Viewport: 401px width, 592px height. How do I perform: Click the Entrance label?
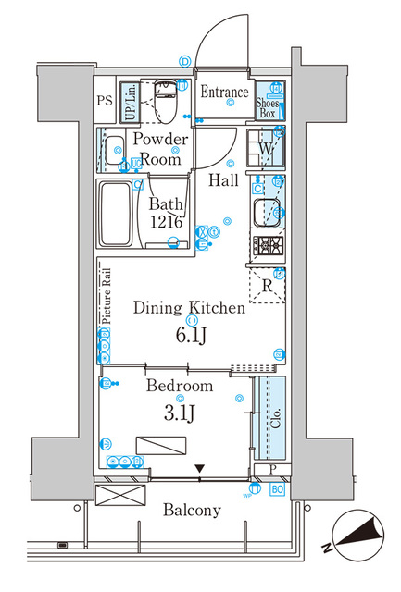(225, 92)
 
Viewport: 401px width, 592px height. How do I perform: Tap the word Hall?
(222, 179)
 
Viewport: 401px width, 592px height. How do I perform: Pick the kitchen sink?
(267, 211)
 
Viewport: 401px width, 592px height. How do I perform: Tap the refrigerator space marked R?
(267, 285)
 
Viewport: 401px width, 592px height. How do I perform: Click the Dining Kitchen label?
(189, 309)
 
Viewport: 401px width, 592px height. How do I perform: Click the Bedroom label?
(180, 386)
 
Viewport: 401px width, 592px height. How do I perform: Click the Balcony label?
(193, 510)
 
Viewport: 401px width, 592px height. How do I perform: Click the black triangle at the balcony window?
(199, 470)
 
